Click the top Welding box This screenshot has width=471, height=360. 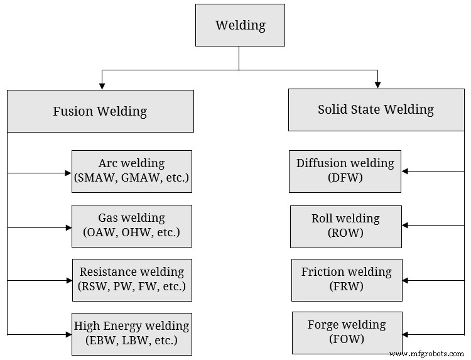[240, 26]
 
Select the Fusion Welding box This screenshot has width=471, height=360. [100, 111]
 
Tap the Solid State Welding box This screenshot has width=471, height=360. [376, 109]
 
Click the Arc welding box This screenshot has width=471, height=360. [132, 171]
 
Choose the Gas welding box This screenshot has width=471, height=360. [132, 226]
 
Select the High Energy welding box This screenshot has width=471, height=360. [132, 334]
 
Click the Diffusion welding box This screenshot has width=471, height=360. [345, 171]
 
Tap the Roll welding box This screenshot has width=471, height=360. [345, 226]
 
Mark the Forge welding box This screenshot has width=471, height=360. [346, 333]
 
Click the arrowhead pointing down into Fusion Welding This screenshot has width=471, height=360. [102, 85]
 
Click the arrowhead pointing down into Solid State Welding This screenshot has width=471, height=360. [377, 84]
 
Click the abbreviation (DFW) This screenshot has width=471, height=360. [345, 178]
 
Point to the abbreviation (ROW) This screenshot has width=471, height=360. [345, 232]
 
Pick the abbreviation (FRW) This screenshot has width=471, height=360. [346, 287]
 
